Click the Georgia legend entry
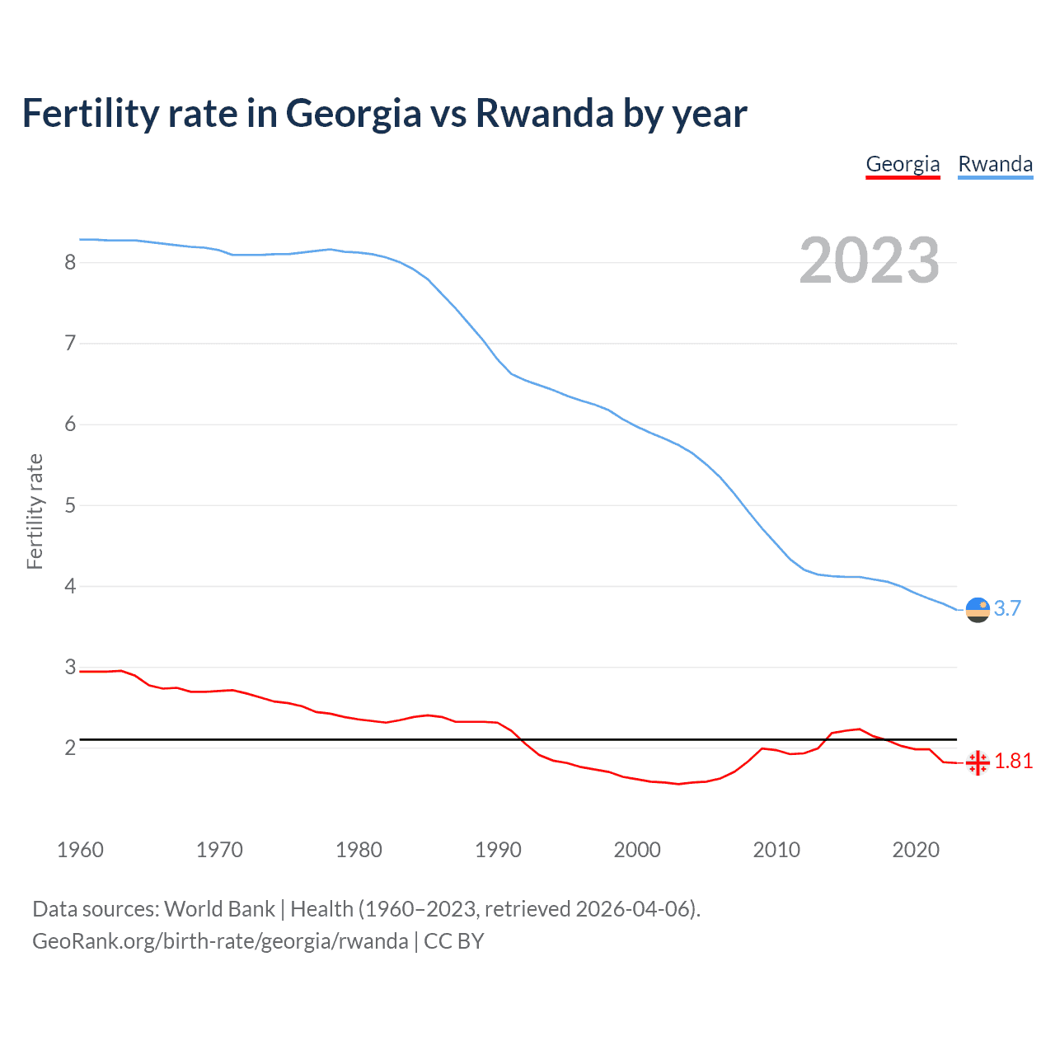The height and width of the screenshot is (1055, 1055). [903, 164]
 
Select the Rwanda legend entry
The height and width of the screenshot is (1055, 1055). [995, 164]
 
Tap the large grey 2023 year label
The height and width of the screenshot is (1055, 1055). [869, 260]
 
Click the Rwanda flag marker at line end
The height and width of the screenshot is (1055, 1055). [978, 610]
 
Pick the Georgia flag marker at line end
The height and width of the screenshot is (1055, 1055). [978, 762]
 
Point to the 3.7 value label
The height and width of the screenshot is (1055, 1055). [1007, 608]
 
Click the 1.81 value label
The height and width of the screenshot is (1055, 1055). [1013, 761]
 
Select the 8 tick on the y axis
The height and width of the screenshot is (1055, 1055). [70, 262]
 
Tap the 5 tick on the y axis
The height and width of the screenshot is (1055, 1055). [70, 505]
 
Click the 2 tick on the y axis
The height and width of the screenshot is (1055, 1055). [70, 748]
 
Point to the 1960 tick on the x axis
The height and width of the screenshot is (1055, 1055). [80, 850]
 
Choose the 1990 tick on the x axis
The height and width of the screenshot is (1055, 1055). [498, 850]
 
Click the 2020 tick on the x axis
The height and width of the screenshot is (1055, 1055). [916, 850]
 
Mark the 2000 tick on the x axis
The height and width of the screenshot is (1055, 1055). [637, 850]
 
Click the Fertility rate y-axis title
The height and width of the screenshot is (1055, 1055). [35, 511]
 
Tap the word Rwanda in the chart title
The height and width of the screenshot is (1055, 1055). [545, 113]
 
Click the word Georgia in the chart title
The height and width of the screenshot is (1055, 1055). [354, 115]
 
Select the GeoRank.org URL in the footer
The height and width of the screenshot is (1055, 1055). [220, 941]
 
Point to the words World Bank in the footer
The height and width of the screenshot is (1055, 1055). [219, 909]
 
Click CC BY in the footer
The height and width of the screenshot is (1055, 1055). [453, 941]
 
